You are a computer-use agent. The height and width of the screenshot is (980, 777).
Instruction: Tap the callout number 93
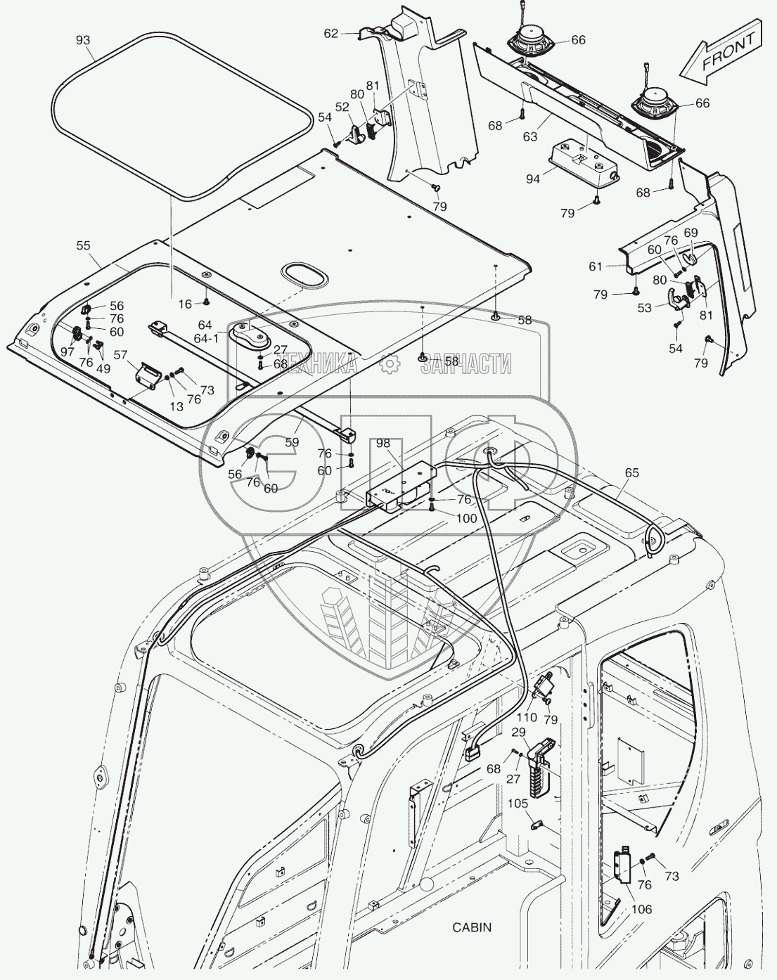pyautogui.click(x=83, y=40)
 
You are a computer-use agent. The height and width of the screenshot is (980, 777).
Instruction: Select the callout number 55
pyautogui.click(x=83, y=245)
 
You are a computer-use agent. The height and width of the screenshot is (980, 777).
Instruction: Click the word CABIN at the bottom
pyautogui.click(x=472, y=927)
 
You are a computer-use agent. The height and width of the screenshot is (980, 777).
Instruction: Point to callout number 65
pyautogui.click(x=631, y=473)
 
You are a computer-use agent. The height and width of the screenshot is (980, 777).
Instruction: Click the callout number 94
pyautogui.click(x=532, y=179)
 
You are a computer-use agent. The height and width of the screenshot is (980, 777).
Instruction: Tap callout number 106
pyautogui.click(x=641, y=910)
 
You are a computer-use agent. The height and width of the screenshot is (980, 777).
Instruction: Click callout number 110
pyautogui.click(x=527, y=718)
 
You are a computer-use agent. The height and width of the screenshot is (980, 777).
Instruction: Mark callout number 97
pyautogui.click(x=67, y=351)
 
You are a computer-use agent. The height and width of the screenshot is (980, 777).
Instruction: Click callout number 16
pyautogui.click(x=184, y=304)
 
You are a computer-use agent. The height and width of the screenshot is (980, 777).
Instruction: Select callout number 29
pyautogui.click(x=518, y=733)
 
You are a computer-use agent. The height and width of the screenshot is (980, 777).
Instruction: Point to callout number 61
pyautogui.click(x=596, y=266)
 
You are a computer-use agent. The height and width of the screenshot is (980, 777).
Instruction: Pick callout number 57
pyautogui.click(x=120, y=356)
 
